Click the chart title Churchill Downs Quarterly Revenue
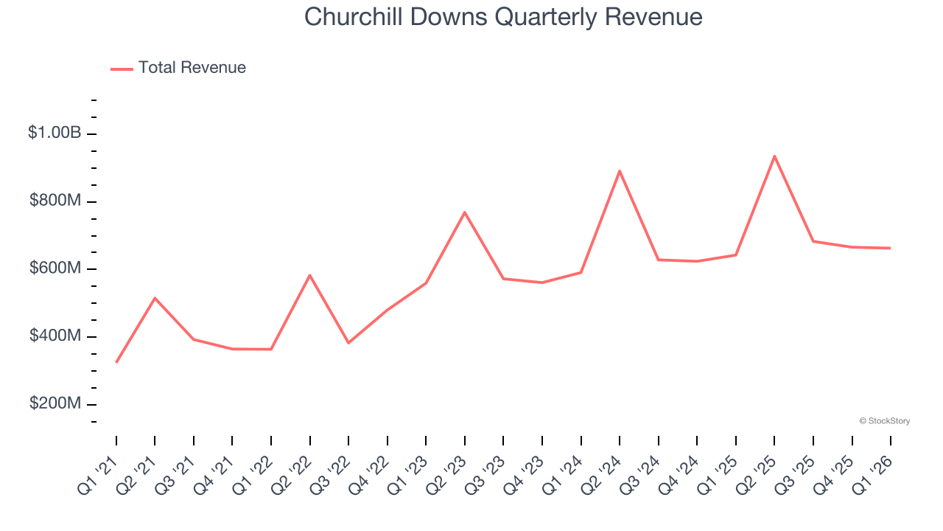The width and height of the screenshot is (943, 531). click(503, 17)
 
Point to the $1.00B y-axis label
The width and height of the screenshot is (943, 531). click(55, 133)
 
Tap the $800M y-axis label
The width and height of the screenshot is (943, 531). click(55, 201)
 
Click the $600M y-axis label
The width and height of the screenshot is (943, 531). click(55, 269)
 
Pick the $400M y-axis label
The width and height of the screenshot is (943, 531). click(55, 337)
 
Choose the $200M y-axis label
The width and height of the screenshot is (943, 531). click(55, 405)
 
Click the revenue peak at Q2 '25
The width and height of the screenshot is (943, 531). click(774, 156)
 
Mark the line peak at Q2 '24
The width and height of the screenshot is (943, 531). click(620, 171)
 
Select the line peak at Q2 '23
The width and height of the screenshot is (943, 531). click(465, 212)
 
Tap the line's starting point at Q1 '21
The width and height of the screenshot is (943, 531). click(116, 362)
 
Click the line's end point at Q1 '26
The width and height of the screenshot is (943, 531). click(890, 248)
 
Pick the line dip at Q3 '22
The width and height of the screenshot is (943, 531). click(348, 343)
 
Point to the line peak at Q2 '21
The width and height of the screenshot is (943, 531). click(155, 298)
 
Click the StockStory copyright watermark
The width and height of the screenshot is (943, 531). click(884, 421)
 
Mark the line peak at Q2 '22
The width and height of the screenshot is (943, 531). click(310, 275)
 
